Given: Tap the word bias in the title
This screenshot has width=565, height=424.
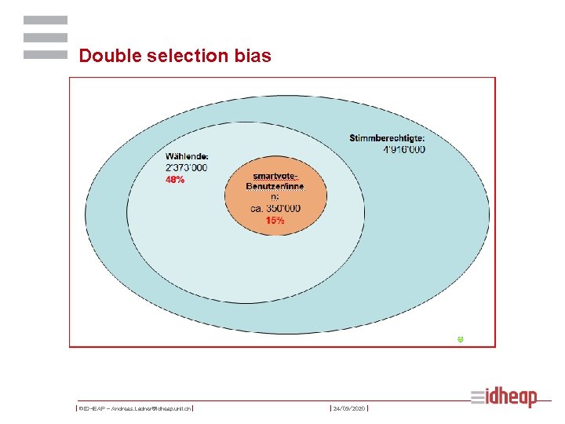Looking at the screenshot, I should tap(253, 56).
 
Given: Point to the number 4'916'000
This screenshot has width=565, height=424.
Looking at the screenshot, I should tap(404, 149).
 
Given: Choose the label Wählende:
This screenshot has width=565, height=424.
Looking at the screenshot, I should tap(187, 156).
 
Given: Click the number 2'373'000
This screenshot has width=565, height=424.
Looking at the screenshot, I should tap(187, 167).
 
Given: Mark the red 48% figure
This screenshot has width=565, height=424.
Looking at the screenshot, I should tap(175, 179).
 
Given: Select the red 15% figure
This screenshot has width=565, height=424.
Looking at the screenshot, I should tap(275, 221).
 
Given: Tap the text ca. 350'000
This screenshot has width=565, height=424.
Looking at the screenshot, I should tap(275, 209).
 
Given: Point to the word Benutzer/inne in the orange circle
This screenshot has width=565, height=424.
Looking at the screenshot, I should tap(275, 186).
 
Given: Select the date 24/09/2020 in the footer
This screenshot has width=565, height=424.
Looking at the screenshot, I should tap(349, 409).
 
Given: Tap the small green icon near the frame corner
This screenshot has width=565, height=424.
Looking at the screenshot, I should tap(461, 338).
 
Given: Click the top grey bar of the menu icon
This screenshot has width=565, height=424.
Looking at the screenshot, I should tap(46, 20).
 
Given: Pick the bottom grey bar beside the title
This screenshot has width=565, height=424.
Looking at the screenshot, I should tap(46, 55).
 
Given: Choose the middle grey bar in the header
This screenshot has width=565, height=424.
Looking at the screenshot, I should tap(46, 37).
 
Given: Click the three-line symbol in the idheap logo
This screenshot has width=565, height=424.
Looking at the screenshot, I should tap(479, 397).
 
